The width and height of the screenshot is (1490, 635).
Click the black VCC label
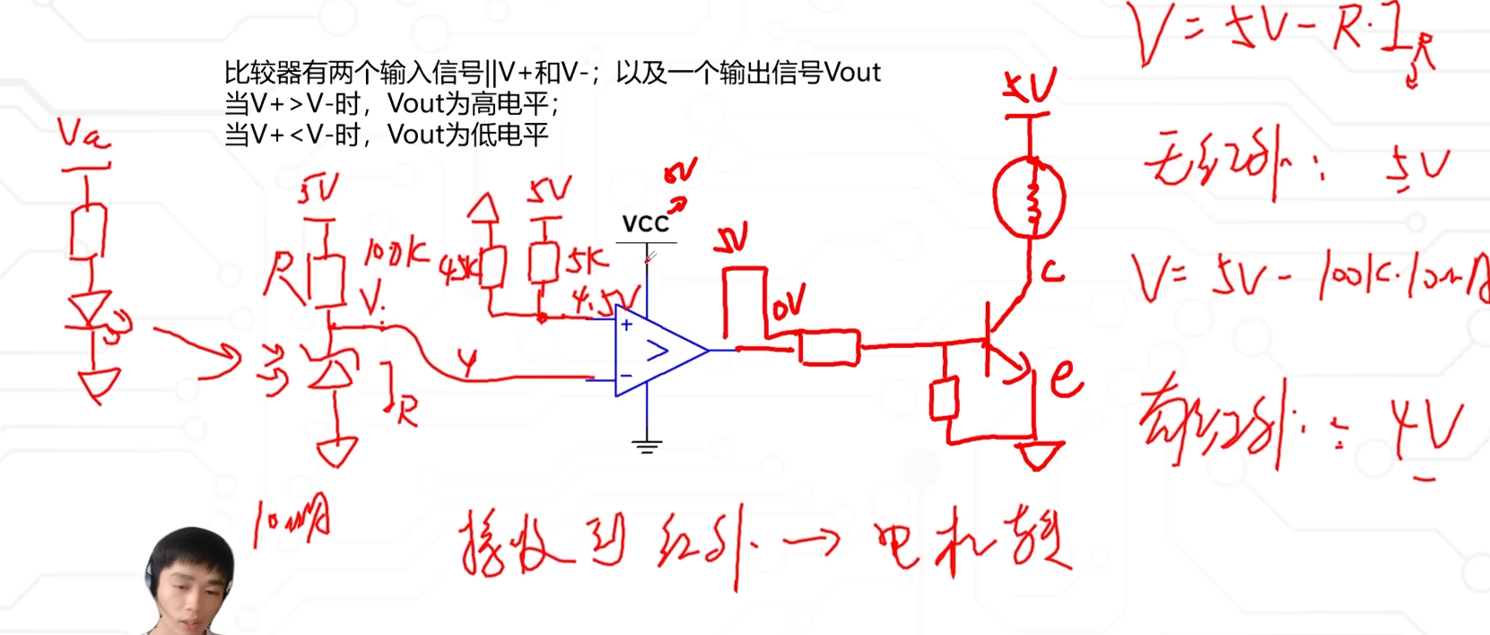[645, 224]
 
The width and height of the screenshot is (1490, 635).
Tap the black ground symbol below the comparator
[647, 445]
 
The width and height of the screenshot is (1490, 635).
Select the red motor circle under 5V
[1029, 198]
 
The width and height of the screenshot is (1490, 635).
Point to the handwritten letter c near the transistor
[1052, 270]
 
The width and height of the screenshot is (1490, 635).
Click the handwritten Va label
[83, 135]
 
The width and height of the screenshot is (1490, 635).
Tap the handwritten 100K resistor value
[395, 254]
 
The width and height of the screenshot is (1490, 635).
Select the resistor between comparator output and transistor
[829, 348]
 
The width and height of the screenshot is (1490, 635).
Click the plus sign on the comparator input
[626, 325]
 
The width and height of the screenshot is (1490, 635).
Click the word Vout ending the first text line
[851, 73]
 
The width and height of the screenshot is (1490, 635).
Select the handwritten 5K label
[587, 261]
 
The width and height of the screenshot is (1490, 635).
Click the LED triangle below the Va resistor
[90, 309]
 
